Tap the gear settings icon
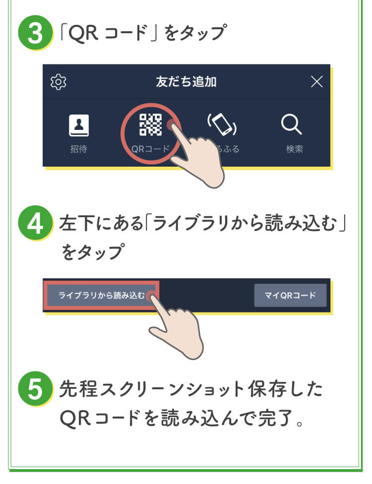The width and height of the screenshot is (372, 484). coord(59,82)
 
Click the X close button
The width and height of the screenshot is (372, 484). coord(316,82)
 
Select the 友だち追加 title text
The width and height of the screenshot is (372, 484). coord(186,82)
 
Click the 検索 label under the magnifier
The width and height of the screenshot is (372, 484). coord(294,149)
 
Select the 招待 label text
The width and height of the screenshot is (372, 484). coord(78,149)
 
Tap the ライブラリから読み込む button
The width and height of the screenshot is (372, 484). coord(102,296)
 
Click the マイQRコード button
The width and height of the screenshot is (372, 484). coord(290,296)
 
